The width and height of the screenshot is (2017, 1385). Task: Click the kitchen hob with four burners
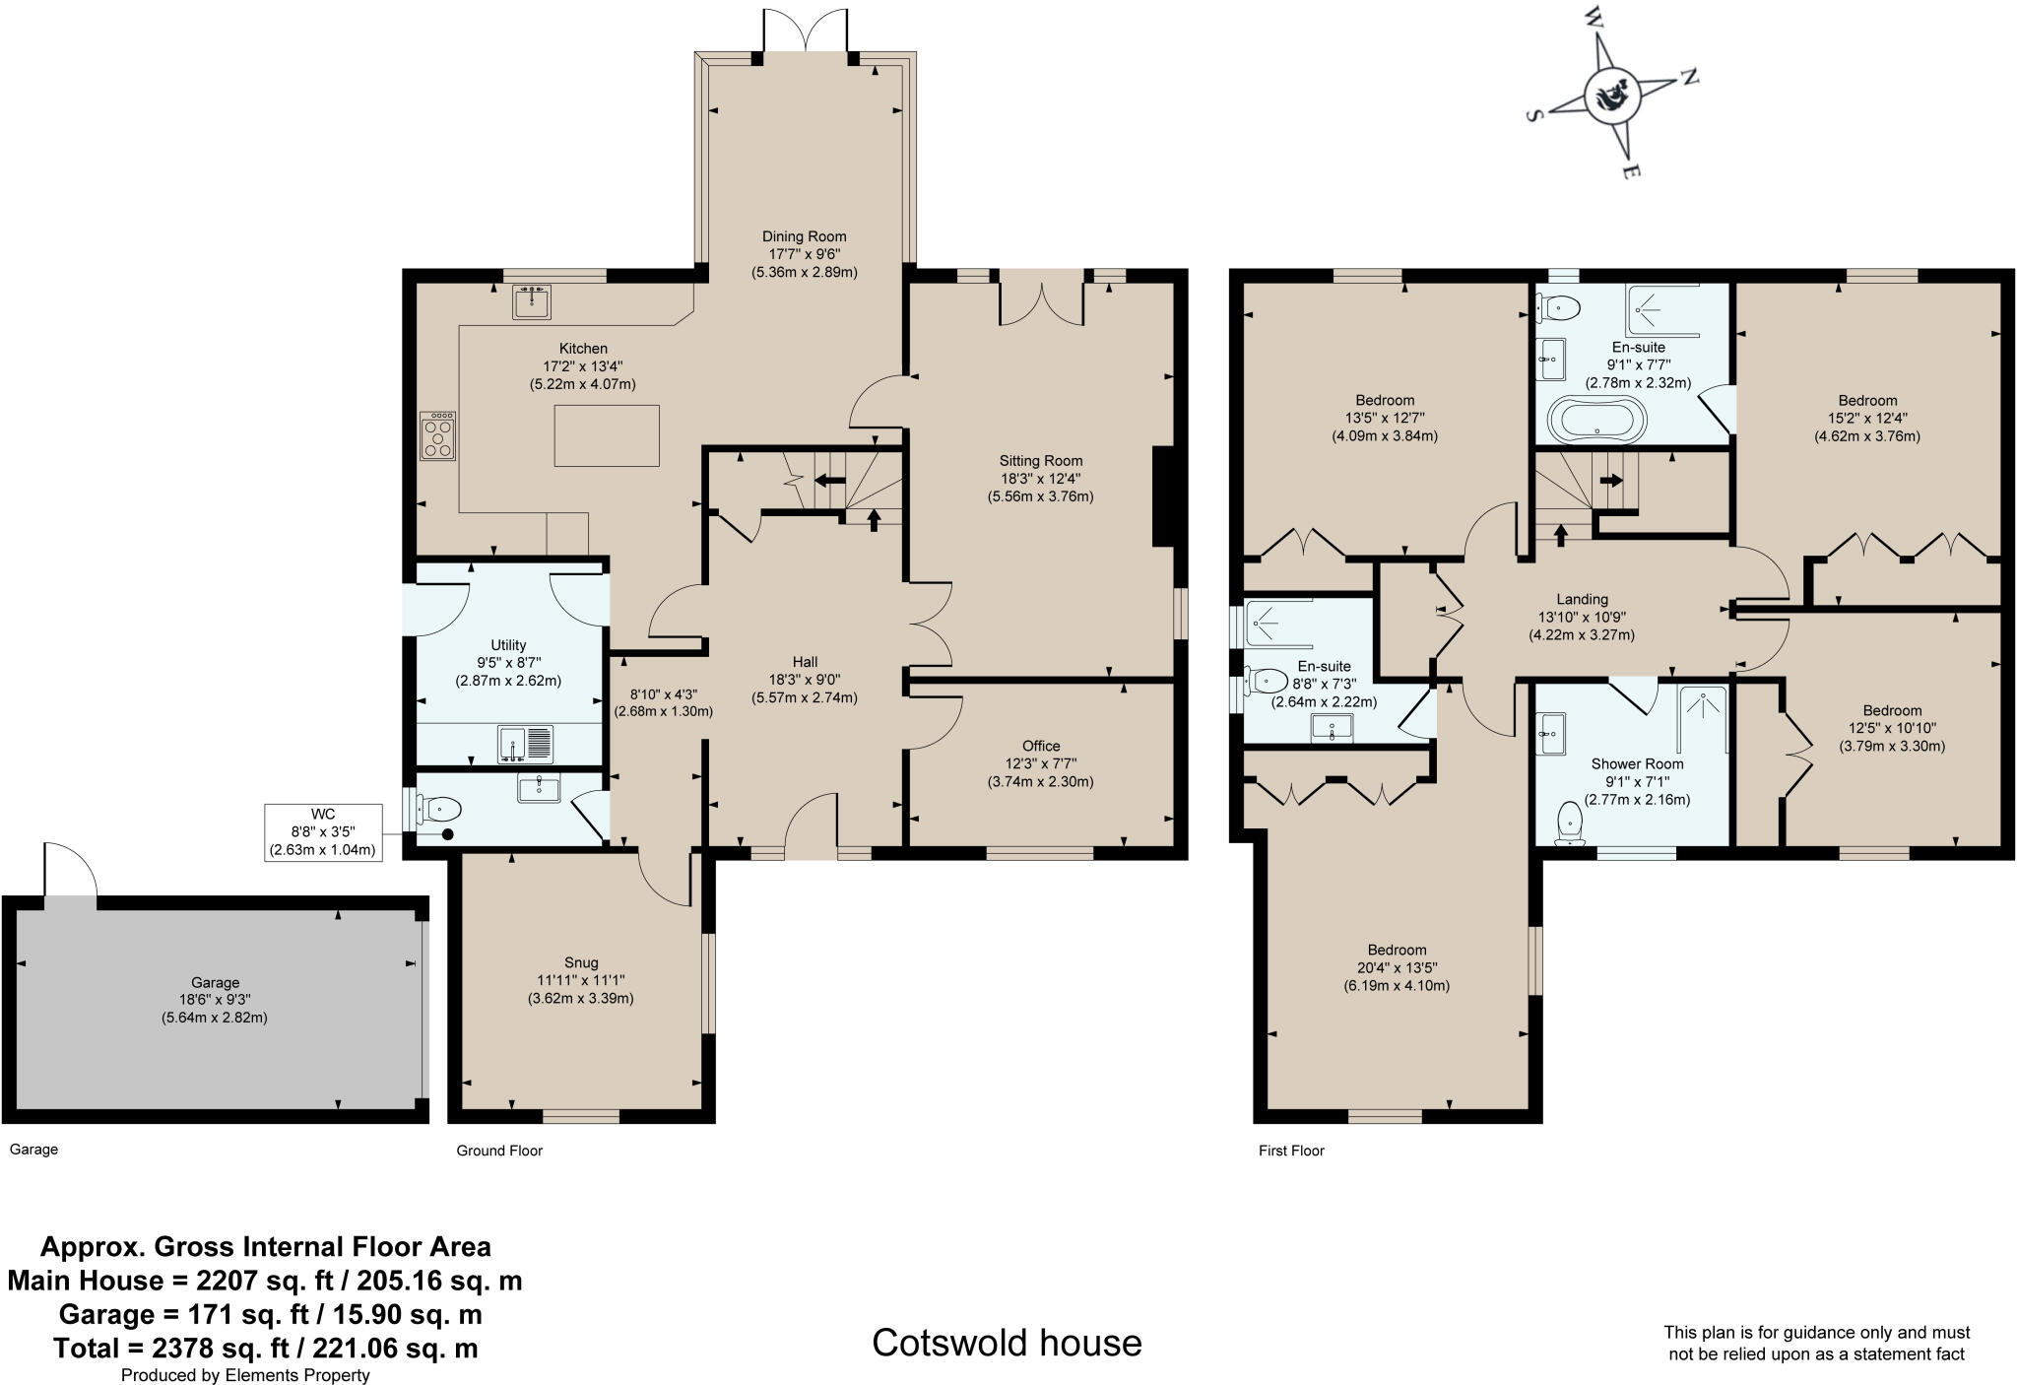pos(438,435)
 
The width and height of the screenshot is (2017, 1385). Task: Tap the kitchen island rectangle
pos(606,434)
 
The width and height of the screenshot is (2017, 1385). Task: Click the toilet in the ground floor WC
pos(439,810)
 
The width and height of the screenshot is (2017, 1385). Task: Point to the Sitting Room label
pos(1040,460)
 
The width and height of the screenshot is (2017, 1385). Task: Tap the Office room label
pos(1040,746)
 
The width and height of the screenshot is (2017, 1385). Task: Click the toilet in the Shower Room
pos(1570,822)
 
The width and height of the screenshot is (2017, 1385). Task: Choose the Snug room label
pos(581,962)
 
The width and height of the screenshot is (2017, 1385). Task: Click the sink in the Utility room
pos(526,743)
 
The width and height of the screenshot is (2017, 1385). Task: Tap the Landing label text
pos(1582,599)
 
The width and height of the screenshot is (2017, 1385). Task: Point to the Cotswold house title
pos(1007,1343)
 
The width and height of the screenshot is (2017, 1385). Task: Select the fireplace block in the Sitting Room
pos(1163,496)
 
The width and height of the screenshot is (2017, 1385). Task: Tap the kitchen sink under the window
pos(532,301)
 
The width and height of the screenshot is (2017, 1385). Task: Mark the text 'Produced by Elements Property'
pos(245,1375)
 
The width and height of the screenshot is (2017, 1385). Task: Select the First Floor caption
pos(1290,1151)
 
